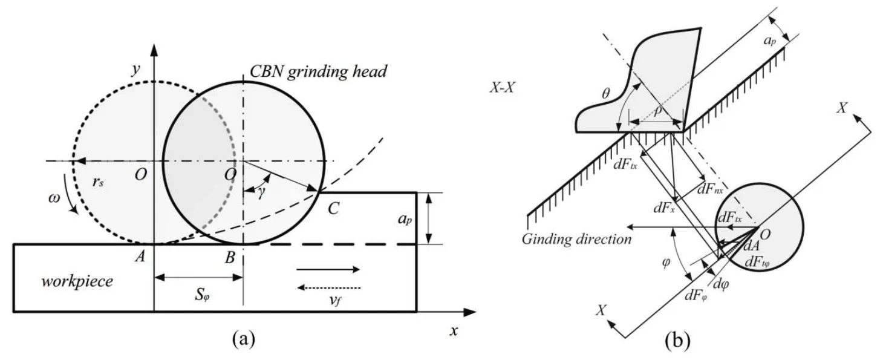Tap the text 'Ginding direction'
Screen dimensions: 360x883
(575, 238)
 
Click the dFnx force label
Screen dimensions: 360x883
(708, 189)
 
